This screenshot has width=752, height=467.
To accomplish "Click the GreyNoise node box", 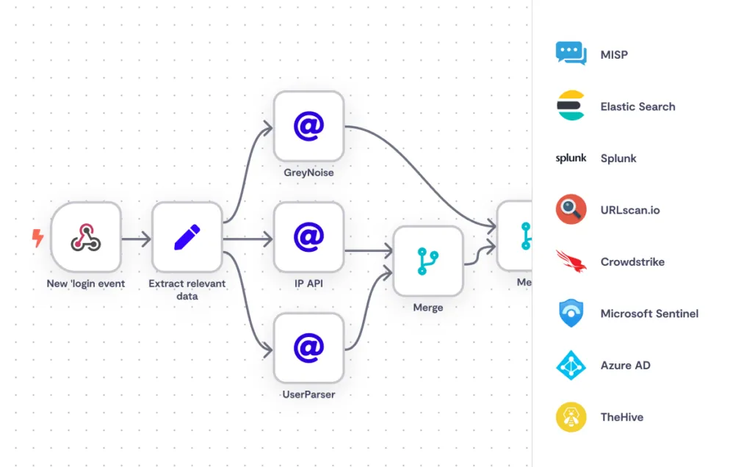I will pos(308,126).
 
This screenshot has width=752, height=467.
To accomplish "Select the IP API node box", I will pos(308,236).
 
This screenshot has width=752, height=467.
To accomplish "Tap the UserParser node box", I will pos(308,347).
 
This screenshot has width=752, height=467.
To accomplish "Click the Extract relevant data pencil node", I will pos(187,236).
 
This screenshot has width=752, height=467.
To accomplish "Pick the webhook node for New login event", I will pos(86,236).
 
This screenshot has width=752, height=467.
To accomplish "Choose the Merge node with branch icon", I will pos(427,261).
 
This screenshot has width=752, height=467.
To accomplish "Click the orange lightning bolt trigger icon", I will pos(37,237).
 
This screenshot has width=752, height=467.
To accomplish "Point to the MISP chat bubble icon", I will pos(571,54).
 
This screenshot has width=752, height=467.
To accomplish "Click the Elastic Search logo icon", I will pos(571,106).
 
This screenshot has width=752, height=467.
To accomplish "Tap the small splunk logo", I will pos(571,158).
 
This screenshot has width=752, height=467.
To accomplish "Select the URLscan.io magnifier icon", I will pos(571,209).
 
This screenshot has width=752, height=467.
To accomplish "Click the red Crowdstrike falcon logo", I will pos(571,261).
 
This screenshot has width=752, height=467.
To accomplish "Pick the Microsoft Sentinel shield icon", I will pos(571,314).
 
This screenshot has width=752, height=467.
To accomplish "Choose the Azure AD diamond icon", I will pos(571,365).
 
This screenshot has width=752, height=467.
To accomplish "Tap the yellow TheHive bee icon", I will pos(571,417).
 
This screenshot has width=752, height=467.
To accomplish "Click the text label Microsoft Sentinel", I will pos(649,314).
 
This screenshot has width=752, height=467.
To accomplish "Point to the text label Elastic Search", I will pos(637,106).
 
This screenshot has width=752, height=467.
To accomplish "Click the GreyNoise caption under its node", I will pos(308,173).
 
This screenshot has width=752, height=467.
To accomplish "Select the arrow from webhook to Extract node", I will pos(137,239).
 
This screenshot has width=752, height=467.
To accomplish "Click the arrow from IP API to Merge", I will pos(369,252).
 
